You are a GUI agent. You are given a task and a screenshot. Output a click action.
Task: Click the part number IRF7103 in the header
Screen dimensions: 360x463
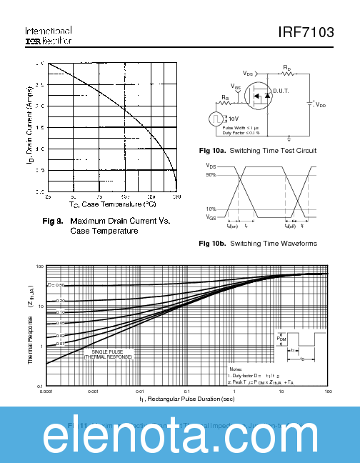click(x=305, y=33)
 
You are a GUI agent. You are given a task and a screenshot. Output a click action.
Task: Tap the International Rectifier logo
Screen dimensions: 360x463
click(x=48, y=36)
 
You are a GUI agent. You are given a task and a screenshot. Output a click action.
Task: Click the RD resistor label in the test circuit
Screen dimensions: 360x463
click(x=286, y=69)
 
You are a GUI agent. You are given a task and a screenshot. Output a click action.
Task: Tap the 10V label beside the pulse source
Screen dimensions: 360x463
click(x=234, y=118)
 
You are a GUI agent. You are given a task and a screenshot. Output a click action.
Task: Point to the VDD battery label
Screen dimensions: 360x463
click(x=320, y=104)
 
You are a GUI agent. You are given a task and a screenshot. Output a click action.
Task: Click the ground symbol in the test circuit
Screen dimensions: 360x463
click(x=289, y=137)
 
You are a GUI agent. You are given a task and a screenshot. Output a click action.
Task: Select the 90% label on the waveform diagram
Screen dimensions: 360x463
click(x=211, y=174)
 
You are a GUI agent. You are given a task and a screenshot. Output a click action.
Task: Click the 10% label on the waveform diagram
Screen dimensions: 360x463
click(x=211, y=209)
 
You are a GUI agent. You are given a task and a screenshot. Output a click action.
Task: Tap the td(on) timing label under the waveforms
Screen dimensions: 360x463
click(x=232, y=226)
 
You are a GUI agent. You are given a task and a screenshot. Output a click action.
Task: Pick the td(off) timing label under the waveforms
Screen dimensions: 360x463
click(x=290, y=226)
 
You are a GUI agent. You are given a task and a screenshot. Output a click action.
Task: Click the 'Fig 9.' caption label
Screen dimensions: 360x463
click(x=54, y=221)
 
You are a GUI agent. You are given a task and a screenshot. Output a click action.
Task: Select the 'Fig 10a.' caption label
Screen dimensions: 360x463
click(x=212, y=151)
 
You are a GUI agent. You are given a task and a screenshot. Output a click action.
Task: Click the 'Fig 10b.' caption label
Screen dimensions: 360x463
click(x=212, y=244)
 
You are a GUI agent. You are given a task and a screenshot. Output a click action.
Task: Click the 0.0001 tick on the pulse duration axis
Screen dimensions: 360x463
click(x=47, y=392)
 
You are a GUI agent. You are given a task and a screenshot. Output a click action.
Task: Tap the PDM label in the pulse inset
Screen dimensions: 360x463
click(x=281, y=339)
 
